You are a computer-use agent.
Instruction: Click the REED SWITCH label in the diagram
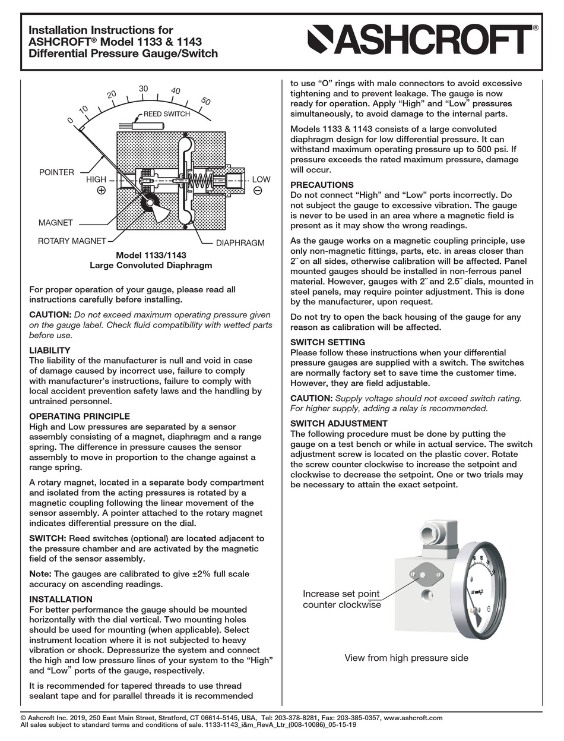point(166,114)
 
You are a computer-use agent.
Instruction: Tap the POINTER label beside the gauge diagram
point(56,172)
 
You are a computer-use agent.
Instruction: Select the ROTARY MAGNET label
point(72,241)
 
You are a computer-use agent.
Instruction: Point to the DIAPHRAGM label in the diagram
point(240,243)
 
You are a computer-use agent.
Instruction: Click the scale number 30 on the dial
point(143,89)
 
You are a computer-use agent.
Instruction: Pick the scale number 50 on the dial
point(206,101)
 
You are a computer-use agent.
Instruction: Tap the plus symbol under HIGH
point(101,191)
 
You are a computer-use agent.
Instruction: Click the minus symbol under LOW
point(258,191)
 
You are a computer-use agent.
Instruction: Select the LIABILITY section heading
point(50,351)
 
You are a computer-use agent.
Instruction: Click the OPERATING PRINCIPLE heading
point(80,417)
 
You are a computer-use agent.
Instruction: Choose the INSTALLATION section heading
point(61,599)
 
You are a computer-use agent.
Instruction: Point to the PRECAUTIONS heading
point(322,185)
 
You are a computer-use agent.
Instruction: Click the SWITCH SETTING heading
point(328,342)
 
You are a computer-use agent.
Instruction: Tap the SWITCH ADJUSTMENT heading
point(338,424)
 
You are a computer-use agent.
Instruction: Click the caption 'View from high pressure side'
point(406,658)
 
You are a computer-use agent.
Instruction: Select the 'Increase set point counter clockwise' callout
point(341,599)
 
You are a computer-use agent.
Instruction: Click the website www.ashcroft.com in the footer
point(413,718)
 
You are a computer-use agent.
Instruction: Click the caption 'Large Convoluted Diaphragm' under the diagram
point(150,266)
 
